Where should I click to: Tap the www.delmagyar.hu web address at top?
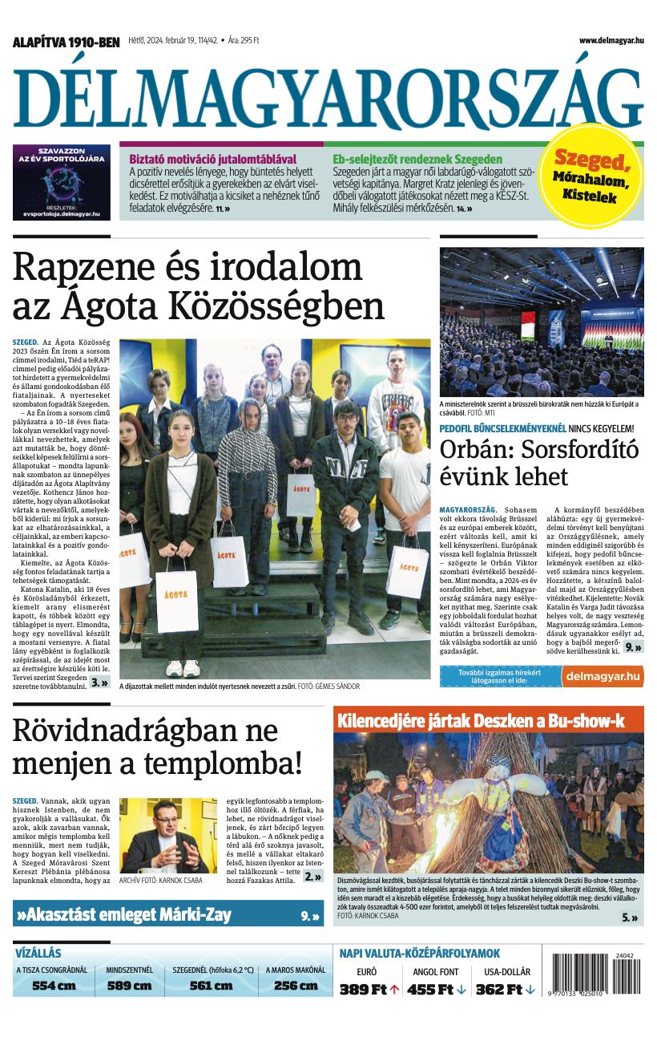[611, 40]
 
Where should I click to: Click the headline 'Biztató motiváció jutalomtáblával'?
[212, 159]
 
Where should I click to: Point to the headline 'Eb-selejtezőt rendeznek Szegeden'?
[417, 159]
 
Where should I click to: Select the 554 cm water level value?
[54, 986]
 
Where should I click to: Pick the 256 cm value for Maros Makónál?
[296, 986]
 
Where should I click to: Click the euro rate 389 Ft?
[363, 990]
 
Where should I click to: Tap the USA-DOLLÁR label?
[507, 972]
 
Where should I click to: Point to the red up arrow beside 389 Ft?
[394, 990]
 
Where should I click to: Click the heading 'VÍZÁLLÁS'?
[38, 954]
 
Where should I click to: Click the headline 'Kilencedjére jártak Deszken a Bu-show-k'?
[481, 720]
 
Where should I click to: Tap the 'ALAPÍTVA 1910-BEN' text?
[66, 42]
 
